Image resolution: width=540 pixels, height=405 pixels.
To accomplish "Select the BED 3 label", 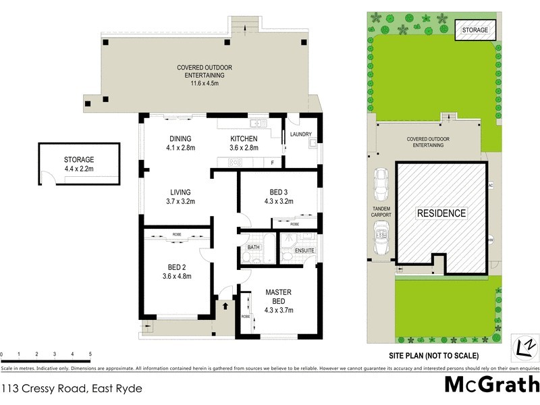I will pyautogui.click(x=277, y=190).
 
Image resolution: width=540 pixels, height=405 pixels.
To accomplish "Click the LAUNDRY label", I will pyautogui.click(x=300, y=134).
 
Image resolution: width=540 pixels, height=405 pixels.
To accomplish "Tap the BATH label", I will pyautogui.click(x=254, y=247).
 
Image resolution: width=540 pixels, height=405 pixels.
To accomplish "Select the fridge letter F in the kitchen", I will pyautogui.click(x=271, y=163).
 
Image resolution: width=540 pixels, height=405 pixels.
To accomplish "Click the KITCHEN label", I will pyautogui.click(x=243, y=138).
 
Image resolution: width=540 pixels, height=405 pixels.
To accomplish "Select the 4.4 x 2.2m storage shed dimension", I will pyautogui.click(x=79, y=169).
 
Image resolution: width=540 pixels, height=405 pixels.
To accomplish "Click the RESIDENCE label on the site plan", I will pyautogui.click(x=441, y=213).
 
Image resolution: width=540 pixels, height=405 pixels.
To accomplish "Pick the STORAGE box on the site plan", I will pyautogui.click(x=475, y=30).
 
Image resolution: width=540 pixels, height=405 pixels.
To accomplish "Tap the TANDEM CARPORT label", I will pyautogui.click(x=381, y=211).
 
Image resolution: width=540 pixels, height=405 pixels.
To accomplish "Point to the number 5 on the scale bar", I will pyautogui.click(x=90, y=354).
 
